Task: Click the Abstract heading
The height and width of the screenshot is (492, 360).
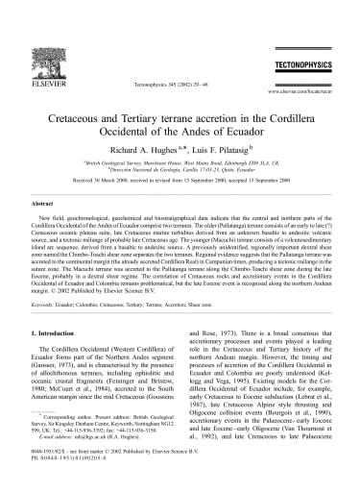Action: pos(47,205)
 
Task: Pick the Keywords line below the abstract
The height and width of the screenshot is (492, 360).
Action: pos(154,304)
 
